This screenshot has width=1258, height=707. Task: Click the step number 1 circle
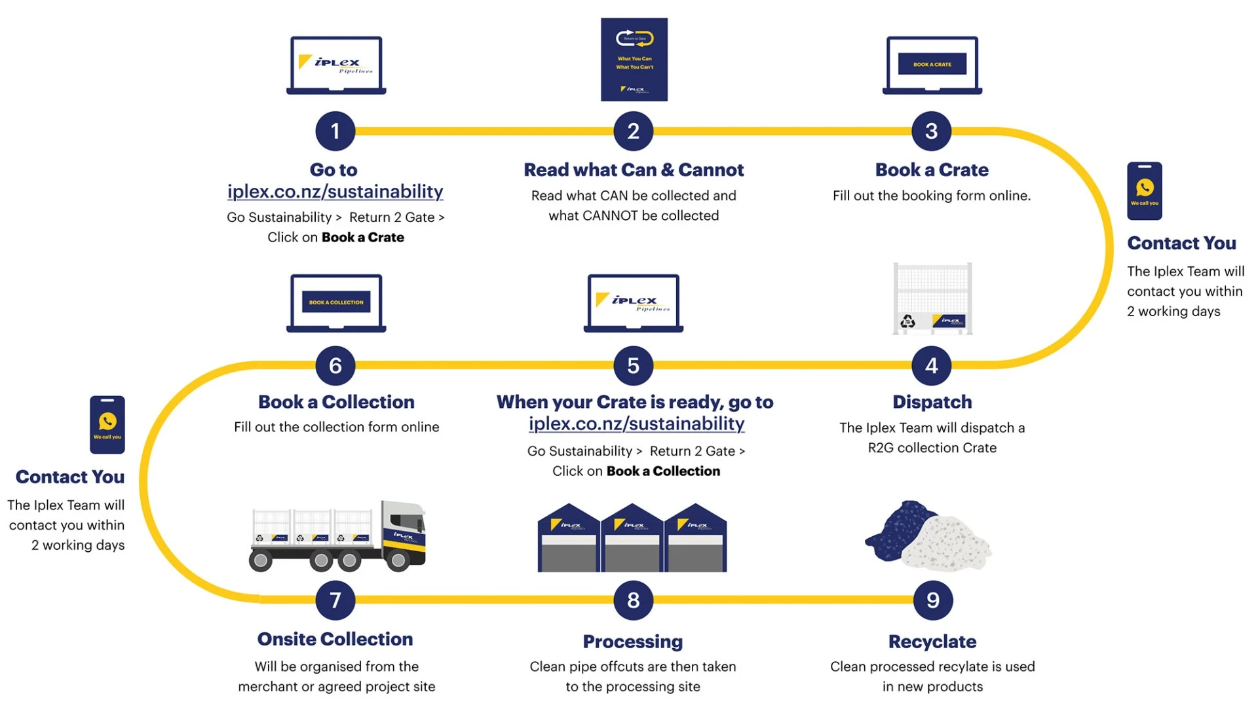click(335, 131)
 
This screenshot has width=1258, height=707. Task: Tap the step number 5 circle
click(633, 365)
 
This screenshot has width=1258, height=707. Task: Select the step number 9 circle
click(932, 600)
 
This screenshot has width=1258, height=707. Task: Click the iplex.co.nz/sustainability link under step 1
click(335, 191)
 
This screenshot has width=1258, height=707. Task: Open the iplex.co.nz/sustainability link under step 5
click(636, 424)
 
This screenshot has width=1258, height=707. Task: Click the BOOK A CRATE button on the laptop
click(932, 64)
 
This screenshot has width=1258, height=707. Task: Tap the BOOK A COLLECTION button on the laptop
click(336, 302)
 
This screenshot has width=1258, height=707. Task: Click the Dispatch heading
click(932, 402)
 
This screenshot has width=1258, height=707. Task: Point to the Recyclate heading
click(932, 642)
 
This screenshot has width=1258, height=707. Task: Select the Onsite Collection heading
click(335, 639)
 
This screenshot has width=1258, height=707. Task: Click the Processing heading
click(632, 642)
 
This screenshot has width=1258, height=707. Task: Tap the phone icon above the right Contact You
click(1144, 190)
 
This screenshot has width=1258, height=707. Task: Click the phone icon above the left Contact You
click(107, 424)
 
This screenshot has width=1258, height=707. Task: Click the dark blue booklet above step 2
click(634, 60)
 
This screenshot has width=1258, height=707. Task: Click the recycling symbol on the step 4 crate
click(907, 321)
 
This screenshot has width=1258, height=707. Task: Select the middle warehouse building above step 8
click(632, 538)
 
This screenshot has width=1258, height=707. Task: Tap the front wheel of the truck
click(398, 560)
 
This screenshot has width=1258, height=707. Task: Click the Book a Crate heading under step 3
click(932, 170)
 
